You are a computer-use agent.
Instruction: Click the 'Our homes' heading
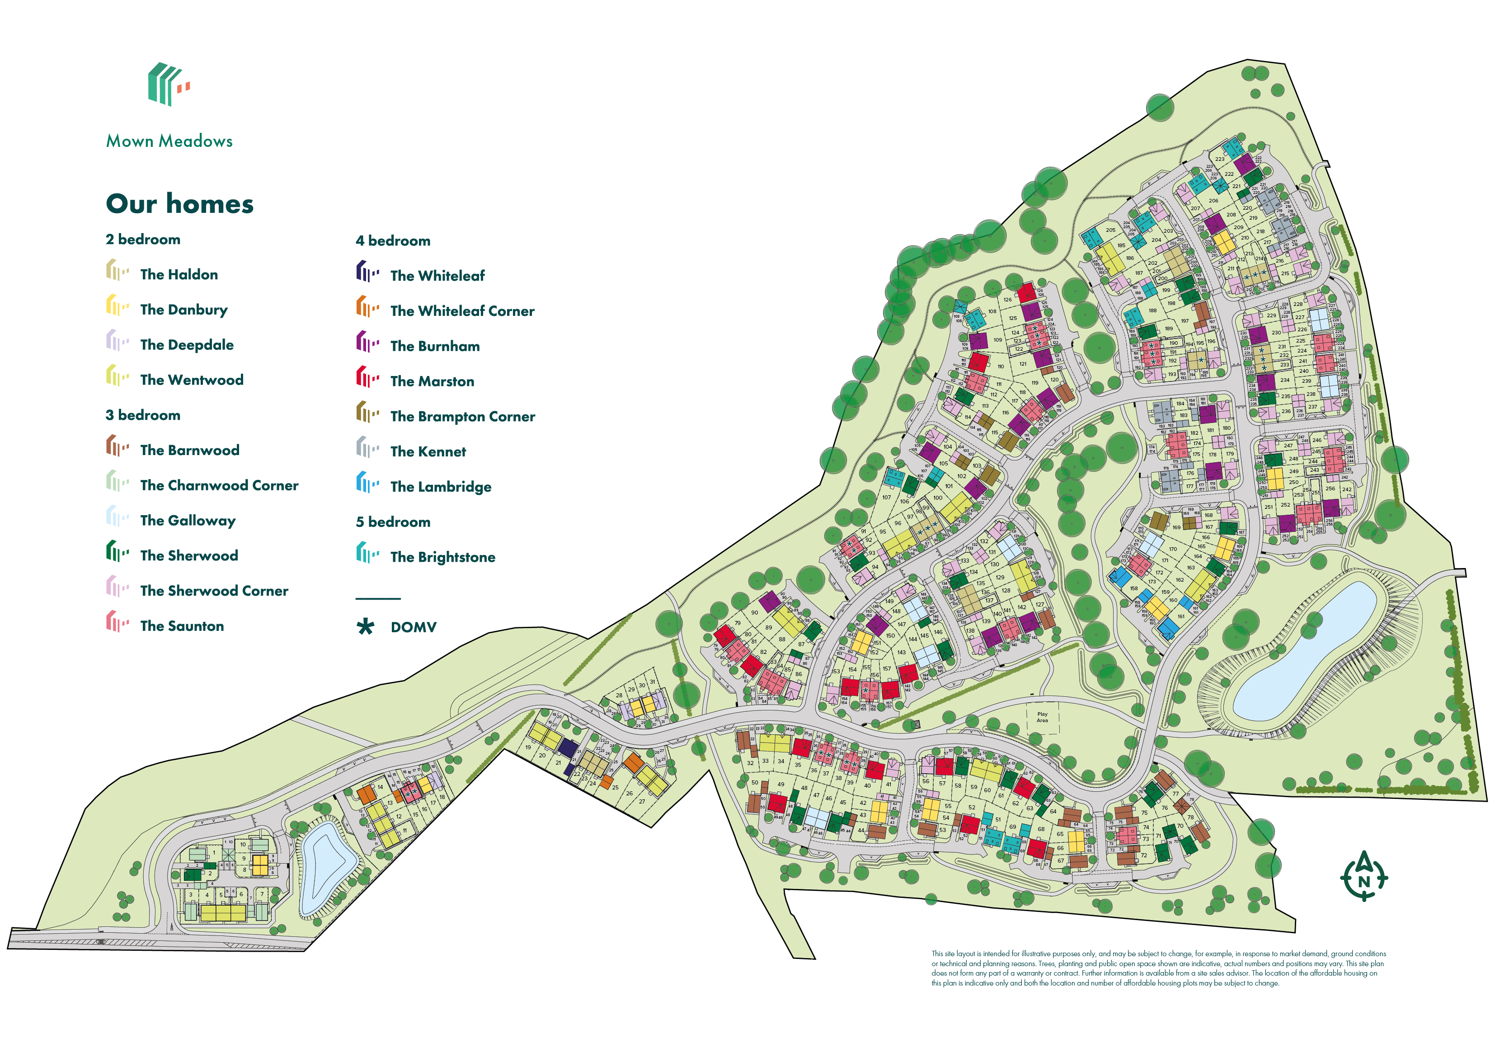(x=180, y=204)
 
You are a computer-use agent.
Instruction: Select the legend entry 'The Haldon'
(x=179, y=275)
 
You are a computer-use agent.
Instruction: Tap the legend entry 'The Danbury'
(x=183, y=310)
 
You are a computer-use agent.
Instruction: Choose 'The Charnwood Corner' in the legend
(x=219, y=486)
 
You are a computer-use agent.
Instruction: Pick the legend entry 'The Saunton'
(x=182, y=626)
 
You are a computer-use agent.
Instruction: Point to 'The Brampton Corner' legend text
(x=462, y=417)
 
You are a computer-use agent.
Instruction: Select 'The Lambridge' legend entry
(x=440, y=487)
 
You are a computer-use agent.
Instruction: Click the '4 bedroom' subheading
(x=393, y=241)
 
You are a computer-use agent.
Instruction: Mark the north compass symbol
(x=1363, y=876)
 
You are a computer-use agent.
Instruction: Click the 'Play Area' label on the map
(x=1042, y=717)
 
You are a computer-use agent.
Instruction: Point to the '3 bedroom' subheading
(x=143, y=415)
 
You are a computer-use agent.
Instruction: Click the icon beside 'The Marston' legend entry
(x=367, y=378)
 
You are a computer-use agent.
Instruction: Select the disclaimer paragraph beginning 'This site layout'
(x=1158, y=968)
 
